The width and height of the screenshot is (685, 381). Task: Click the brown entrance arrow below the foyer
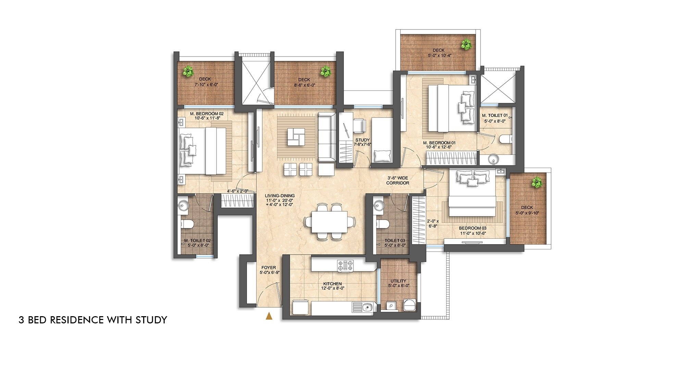click(x=269, y=316)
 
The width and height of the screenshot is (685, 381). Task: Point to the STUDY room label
click(x=362, y=140)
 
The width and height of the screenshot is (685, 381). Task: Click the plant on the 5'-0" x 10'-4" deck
click(x=466, y=45)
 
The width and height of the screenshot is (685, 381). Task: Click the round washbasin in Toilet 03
click(x=379, y=206)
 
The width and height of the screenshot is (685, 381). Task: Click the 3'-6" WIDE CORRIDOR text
click(x=397, y=180)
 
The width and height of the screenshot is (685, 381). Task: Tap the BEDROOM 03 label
click(x=473, y=228)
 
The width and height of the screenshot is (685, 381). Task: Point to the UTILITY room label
click(x=398, y=281)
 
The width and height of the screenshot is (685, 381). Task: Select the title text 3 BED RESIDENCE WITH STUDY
click(x=93, y=320)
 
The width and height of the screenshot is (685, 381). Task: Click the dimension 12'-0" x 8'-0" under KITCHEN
click(x=332, y=288)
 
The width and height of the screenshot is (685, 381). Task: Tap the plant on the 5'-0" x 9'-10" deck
click(x=537, y=183)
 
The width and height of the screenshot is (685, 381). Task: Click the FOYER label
click(x=269, y=268)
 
